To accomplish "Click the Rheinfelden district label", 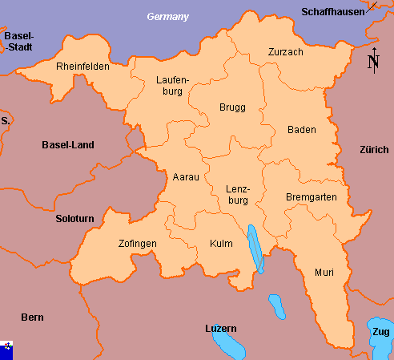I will (x=82, y=67).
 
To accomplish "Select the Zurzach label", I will (x=285, y=52).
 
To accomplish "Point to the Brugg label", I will (x=232, y=107).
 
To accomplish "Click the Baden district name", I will (x=301, y=130).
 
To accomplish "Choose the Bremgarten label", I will (x=311, y=196).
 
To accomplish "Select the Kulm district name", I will (x=221, y=243).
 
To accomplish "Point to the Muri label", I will (x=324, y=273).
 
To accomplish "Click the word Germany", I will (x=167, y=17).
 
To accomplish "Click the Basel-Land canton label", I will (x=68, y=145).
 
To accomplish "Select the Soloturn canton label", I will (x=74, y=218).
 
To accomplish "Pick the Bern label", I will (x=32, y=318).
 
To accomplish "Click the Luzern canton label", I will (x=221, y=329).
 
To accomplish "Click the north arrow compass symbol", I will (x=372, y=61).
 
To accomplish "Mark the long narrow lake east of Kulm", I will (x=254, y=249).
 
